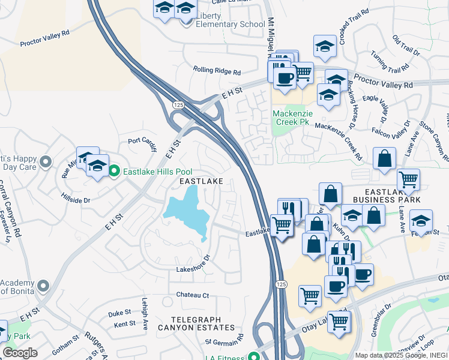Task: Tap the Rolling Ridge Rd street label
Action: click(x=217, y=70)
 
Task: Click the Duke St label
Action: click(x=119, y=313)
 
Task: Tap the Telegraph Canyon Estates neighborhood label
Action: click(x=196, y=323)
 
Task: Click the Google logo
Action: click(x=20, y=352)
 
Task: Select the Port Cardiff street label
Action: click(x=142, y=142)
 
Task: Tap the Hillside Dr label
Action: click(x=76, y=197)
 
